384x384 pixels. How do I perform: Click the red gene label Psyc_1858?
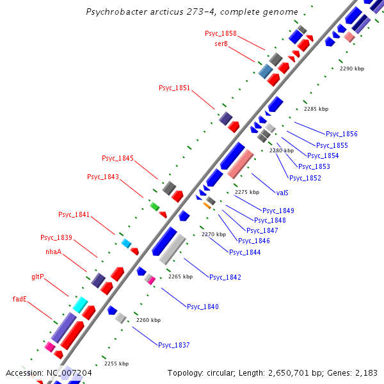[220, 33]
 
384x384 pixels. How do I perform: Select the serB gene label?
[221, 44]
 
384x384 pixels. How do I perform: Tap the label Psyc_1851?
[174, 88]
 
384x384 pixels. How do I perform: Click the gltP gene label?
[38, 277]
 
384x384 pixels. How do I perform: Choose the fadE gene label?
[20, 299]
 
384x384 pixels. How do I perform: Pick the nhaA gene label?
[53, 252]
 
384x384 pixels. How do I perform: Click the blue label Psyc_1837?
[174, 345]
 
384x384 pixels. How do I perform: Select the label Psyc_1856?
[341, 134]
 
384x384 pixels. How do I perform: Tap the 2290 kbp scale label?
[351, 68]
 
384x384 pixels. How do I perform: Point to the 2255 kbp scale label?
[116, 363]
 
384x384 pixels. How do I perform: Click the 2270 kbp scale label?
[213, 234]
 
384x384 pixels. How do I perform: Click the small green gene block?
[154, 206]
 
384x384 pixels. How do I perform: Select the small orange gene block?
[207, 205]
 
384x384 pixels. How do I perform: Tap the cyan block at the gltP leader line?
[80, 305]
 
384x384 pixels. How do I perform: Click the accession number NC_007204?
[68, 372]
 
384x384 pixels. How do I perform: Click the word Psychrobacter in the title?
[116, 12]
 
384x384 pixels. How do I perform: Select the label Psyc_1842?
[225, 276]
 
